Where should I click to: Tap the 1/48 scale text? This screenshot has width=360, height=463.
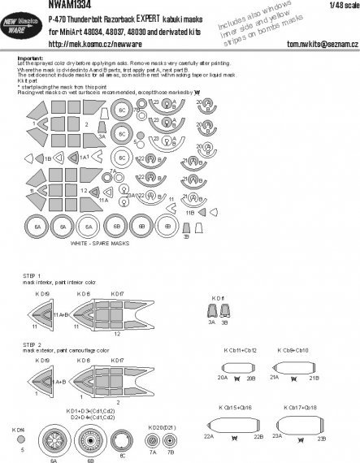point(343,7)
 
